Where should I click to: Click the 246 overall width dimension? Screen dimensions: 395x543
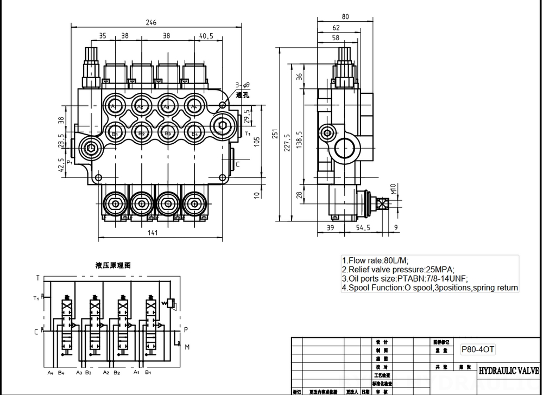(151, 22)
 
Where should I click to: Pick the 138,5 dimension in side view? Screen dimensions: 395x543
(300, 140)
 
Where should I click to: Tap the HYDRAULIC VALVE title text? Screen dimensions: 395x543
(508, 371)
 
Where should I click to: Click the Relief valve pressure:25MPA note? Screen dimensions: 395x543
(397, 269)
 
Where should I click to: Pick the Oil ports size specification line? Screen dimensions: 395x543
(405, 278)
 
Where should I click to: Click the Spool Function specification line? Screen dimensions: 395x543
(430, 288)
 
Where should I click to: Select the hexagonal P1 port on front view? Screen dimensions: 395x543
(90, 148)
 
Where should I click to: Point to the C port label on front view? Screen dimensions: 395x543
(237, 165)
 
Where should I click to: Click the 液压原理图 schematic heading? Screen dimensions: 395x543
(113, 265)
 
